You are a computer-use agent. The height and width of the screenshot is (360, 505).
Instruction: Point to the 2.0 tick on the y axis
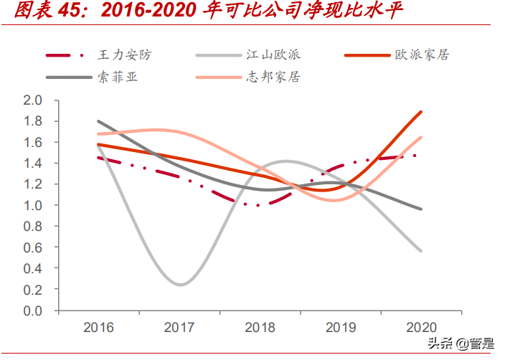(34, 100)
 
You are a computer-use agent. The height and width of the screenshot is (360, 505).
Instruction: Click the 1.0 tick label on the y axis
(34, 205)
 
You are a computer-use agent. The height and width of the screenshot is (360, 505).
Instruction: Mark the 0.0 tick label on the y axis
(34, 311)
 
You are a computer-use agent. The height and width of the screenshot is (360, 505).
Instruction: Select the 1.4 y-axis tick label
(34, 163)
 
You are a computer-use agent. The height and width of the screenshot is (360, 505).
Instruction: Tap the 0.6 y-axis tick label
(34, 247)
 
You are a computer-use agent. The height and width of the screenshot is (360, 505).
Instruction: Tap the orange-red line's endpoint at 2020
(421, 112)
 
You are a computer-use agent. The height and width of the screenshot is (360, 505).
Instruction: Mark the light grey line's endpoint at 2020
(421, 251)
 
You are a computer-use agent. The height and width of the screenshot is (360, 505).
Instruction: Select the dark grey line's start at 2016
(98, 121)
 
